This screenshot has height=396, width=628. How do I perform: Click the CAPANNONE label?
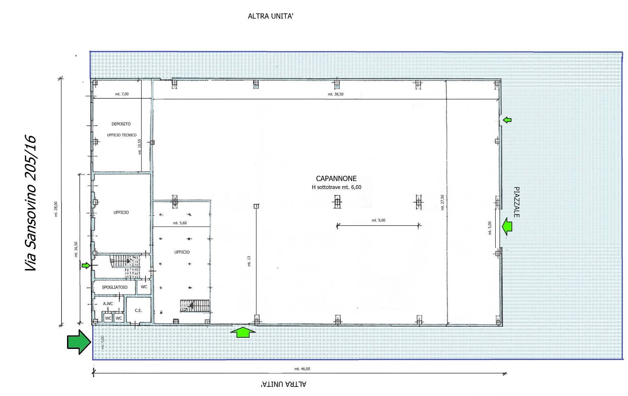(x=336, y=179)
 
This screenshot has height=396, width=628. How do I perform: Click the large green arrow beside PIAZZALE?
(x=507, y=226)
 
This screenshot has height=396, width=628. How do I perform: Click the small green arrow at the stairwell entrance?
(x=86, y=266)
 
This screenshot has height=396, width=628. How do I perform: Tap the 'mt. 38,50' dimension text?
(x=336, y=94)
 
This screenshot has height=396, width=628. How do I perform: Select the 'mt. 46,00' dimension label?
(x=302, y=369)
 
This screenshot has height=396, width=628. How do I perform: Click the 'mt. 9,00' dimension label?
(x=378, y=220)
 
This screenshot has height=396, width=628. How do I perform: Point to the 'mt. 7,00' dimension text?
(x=122, y=94)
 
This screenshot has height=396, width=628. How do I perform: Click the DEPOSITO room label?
(x=121, y=124)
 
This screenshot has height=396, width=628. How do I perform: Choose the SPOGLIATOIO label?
(x=114, y=287)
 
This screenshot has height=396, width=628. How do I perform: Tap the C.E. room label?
(x=138, y=310)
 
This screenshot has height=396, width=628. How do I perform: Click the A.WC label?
(x=108, y=304)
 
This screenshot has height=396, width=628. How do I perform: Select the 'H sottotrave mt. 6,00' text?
(x=337, y=187)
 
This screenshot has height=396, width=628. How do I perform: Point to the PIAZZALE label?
(x=516, y=202)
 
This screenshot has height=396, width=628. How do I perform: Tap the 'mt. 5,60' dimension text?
(x=180, y=223)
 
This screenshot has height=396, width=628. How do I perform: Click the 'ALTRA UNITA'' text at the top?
(x=270, y=16)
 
